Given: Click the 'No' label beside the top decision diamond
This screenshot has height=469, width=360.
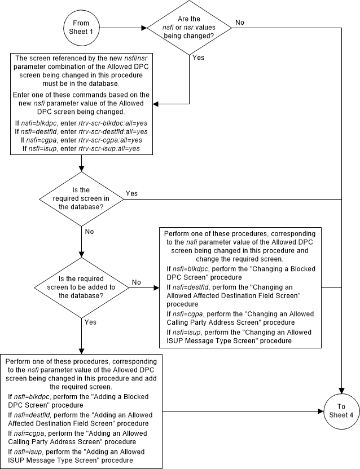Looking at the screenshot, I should [x=239, y=22].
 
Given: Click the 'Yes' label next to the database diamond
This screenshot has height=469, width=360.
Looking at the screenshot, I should [x=131, y=193].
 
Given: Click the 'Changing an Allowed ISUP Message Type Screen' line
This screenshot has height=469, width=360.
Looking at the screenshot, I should [x=240, y=337].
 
